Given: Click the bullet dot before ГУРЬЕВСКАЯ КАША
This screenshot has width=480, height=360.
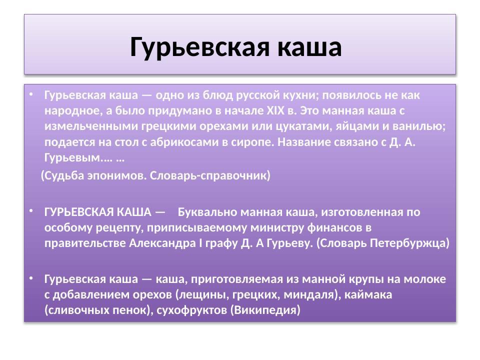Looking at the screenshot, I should pos(31,210).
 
